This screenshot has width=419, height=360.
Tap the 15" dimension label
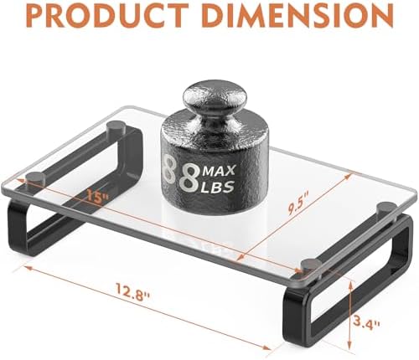tap(97, 195)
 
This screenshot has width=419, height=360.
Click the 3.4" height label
tap(366, 324)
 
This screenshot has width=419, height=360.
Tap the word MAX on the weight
tap(220, 171)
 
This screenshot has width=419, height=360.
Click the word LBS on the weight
tap(218, 187)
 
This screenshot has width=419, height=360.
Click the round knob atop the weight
tap(215, 96)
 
